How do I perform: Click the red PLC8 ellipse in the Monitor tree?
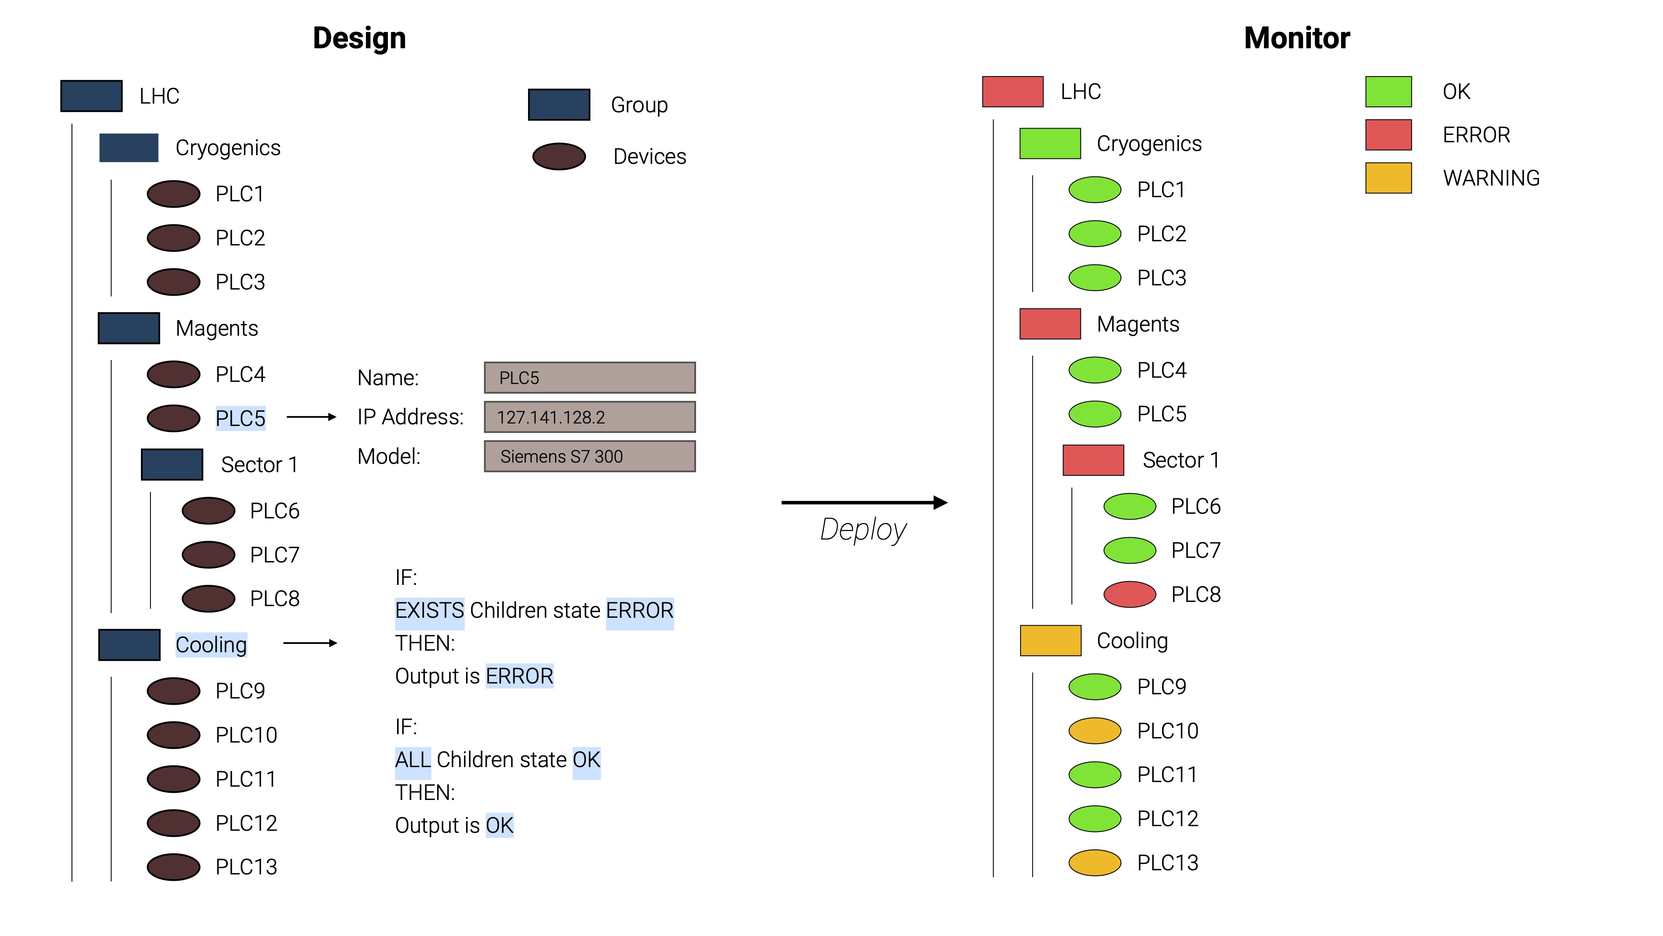point(1129,594)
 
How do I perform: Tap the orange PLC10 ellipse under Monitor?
point(1094,730)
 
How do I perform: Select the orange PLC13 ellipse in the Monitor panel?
point(1094,862)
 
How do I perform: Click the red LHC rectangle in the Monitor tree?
point(1012,92)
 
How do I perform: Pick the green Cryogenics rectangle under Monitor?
point(1050,144)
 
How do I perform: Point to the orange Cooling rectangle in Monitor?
point(1050,641)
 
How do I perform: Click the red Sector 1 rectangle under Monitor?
point(1093,460)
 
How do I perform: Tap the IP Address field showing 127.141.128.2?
point(590,417)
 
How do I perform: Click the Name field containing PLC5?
point(590,378)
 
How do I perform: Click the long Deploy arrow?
point(864,502)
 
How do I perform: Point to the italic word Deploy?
point(863,530)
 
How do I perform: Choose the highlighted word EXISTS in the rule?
point(429,610)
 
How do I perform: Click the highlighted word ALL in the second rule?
point(412,760)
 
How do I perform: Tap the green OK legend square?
point(1388,92)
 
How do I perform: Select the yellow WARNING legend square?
point(1388,178)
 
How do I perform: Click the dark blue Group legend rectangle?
point(558,105)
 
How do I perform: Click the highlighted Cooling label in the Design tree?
point(211,645)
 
